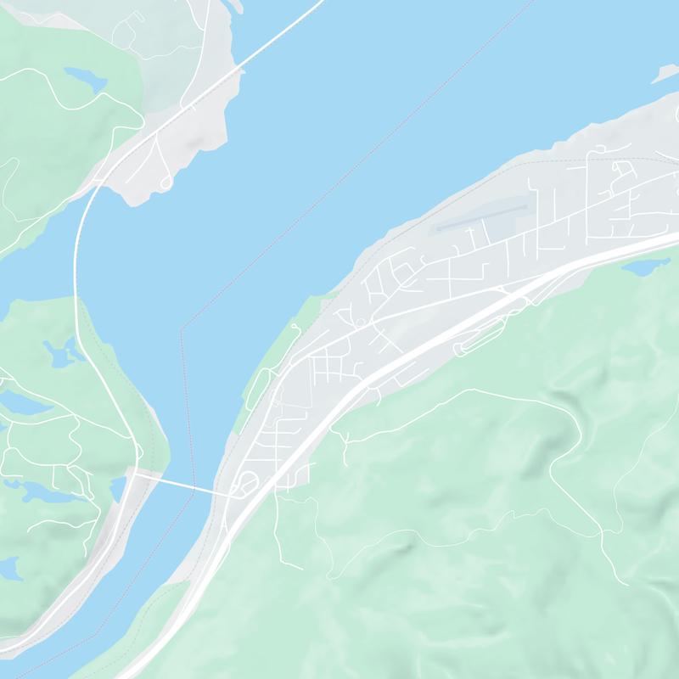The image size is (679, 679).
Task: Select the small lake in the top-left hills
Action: (84, 80)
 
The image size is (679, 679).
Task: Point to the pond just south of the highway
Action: (644, 267)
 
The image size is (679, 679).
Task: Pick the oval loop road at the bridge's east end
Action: (248, 485)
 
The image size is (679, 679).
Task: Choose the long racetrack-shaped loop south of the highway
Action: (481, 339)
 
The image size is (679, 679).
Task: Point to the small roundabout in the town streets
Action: (361, 323)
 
